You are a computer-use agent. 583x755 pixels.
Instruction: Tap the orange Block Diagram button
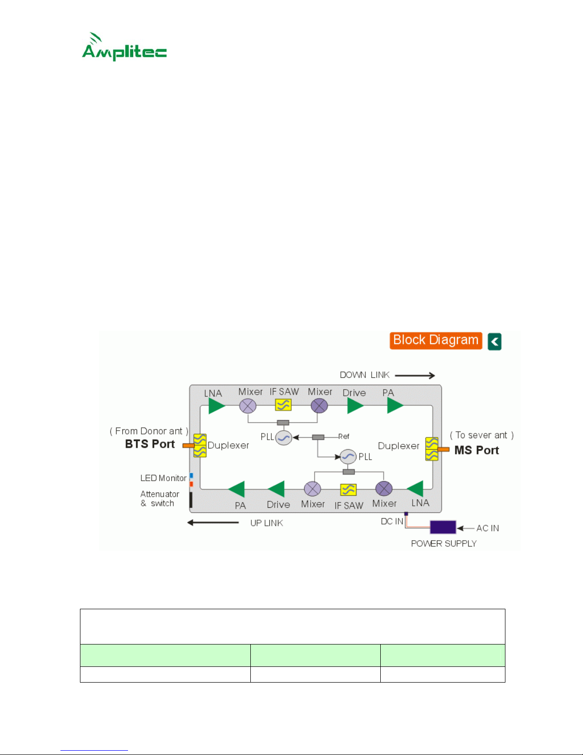coord(436,341)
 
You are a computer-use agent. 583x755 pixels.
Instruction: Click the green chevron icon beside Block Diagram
coord(494,342)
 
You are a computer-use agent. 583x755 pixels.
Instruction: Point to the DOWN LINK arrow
coord(415,375)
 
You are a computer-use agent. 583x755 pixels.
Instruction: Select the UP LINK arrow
coord(213,523)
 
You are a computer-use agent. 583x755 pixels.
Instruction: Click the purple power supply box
coord(443,527)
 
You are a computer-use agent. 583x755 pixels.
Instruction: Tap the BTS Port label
coord(149,444)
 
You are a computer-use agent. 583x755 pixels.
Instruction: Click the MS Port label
coord(476,450)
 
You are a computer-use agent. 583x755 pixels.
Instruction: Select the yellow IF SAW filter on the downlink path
coord(283,405)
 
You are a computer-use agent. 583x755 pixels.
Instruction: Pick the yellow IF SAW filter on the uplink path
coord(348,490)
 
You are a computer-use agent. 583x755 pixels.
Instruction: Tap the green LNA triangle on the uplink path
coord(415,489)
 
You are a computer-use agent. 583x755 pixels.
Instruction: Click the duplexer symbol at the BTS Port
coord(200,445)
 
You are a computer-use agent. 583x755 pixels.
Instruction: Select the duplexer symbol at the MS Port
coord(432,449)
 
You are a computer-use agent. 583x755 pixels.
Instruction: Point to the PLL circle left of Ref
coord(284,438)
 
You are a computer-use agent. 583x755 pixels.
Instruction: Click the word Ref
coord(344,436)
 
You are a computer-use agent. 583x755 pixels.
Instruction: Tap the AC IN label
coord(487,528)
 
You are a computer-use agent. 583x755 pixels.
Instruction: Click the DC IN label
coord(392,521)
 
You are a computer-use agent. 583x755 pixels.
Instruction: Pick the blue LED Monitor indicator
coord(191,476)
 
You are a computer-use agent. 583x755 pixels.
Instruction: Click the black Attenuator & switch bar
coord(191,500)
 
